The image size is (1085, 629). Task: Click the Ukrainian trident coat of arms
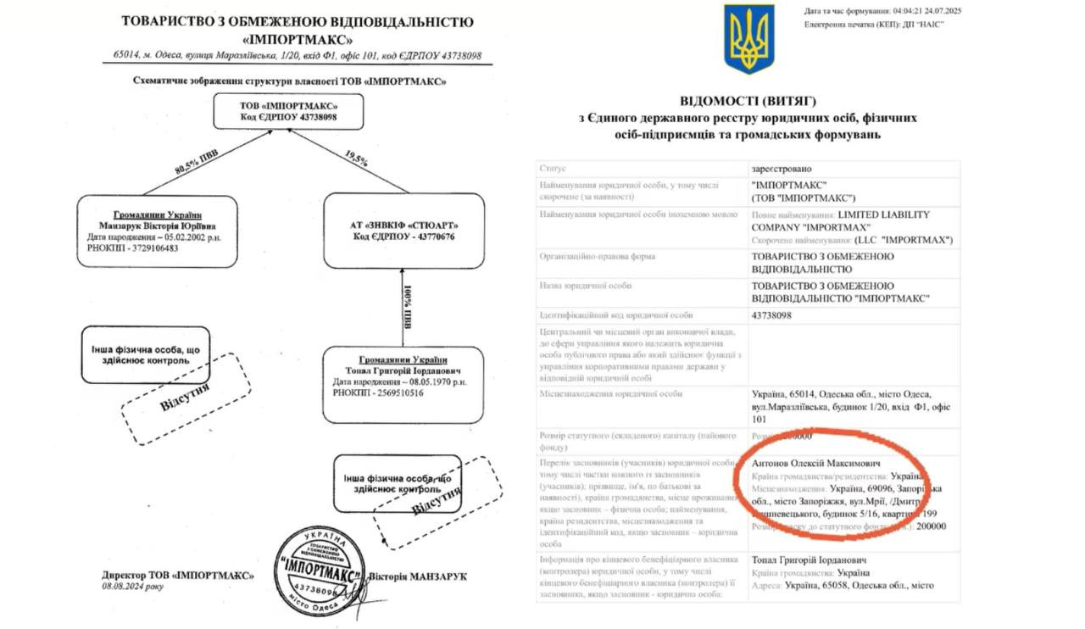(x=748, y=39)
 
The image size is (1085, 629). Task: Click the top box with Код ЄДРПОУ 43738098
(x=288, y=110)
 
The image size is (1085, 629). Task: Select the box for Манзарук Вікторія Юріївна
(x=157, y=231)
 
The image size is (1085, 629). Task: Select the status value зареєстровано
(x=781, y=169)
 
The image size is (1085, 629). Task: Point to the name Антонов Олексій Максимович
(x=816, y=465)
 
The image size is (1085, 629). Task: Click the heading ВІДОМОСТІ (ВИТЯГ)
(x=750, y=100)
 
